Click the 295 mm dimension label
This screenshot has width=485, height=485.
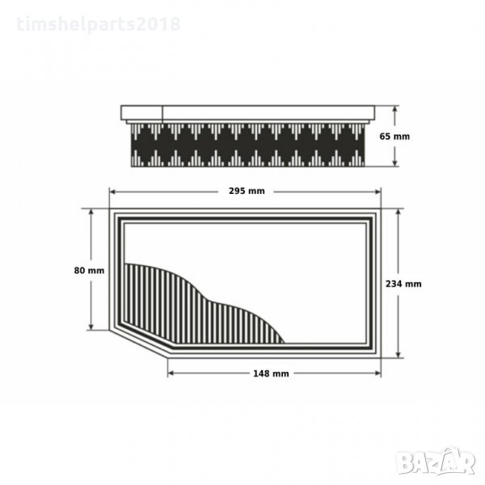point(247,191)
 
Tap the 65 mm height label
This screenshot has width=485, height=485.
point(394,137)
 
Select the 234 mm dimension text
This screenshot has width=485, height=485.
point(403,284)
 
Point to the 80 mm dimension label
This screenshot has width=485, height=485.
point(89,271)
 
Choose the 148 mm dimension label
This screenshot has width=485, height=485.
point(271,373)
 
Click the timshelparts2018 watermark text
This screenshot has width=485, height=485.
point(99,24)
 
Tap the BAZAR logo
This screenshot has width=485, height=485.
point(436,461)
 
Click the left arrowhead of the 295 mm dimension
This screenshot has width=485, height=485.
point(112,192)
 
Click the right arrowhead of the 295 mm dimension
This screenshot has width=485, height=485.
point(377,192)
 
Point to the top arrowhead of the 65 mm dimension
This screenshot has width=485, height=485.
point(394,109)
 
